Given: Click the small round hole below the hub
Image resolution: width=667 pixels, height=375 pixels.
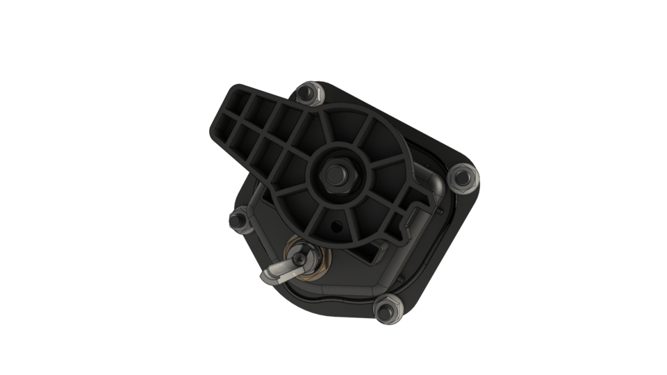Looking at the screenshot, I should (x=337, y=226).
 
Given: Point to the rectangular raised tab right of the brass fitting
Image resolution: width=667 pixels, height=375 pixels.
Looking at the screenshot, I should (x=381, y=255).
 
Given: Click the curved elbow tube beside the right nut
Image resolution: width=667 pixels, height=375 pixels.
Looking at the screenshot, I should (x=436, y=186).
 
